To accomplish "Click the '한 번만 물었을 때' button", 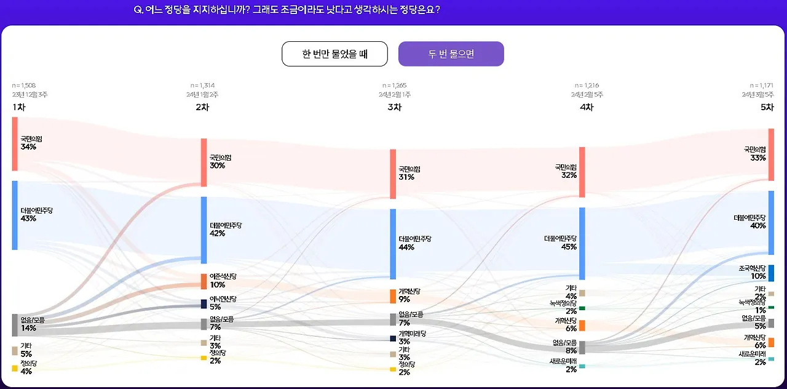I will (x=334, y=54).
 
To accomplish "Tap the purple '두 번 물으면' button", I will (x=451, y=54).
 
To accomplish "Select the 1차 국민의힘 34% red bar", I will (x=15, y=143).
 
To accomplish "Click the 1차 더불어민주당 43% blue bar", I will (x=15, y=215).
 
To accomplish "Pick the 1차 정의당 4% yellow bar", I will (x=15, y=368).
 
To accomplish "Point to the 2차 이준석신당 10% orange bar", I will (x=204, y=281).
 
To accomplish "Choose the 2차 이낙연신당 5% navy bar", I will (x=204, y=303).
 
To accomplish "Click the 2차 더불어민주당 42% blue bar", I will (x=204, y=230).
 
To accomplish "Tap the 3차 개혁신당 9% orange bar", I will (x=393, y=296).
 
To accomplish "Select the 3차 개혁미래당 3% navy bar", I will (x=393, y=338).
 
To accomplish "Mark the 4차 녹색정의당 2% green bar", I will (x=582, y=308).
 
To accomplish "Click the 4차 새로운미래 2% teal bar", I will (x=582, y=366).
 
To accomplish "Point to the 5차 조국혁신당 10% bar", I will (x=771, y=273).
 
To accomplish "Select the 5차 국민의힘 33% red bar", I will (x=771, y=154).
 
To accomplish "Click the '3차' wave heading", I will (x=394, y=107).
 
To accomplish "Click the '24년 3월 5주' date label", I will (x=757, y=95).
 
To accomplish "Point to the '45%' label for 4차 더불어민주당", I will (x=569, y=247).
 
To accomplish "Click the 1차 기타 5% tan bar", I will (x=15, y=351).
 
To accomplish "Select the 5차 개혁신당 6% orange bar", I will (x=771, y=342).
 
